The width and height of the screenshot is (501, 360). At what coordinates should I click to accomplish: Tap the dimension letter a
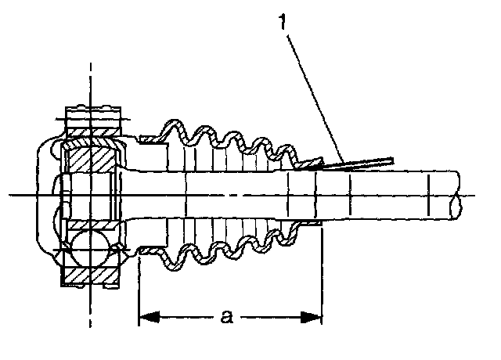coord(227,318)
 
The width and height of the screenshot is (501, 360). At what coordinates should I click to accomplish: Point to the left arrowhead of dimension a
coord(146,318)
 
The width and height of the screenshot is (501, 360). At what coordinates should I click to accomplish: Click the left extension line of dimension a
coord(139,290)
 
